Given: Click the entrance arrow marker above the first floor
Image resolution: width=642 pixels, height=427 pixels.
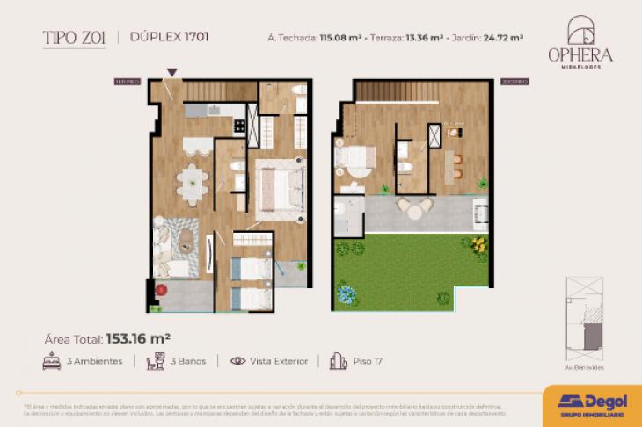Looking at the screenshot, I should click(173, 72).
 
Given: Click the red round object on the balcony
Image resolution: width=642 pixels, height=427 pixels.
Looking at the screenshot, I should click(162, 289).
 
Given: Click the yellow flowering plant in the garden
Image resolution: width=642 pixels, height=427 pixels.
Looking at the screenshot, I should click(478, 244).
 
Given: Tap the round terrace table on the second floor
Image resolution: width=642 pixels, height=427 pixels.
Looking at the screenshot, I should click(414, 206).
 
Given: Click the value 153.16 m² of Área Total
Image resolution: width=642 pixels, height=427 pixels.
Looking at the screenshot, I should click(138, 337).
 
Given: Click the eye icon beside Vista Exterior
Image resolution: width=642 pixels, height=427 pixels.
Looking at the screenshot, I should click(237, 361).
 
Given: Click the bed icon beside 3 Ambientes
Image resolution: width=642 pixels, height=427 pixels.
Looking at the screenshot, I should click(52, 361).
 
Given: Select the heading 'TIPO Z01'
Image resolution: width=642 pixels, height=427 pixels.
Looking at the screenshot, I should click(74, 37).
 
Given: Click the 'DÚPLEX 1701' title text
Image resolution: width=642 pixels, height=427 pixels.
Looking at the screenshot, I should click(169, 37).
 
